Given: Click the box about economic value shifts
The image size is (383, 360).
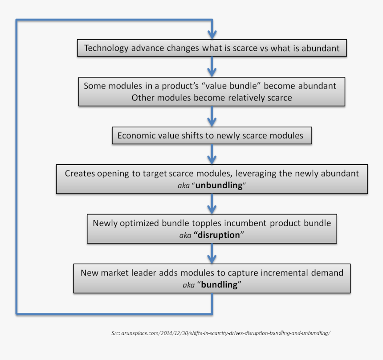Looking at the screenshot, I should tap(211, 135).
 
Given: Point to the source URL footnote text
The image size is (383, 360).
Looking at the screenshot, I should tap(221, 333).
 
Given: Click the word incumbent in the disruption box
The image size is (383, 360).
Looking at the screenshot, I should tap(253, 222).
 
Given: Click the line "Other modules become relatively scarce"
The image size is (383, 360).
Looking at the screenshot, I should tap(212, 97).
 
